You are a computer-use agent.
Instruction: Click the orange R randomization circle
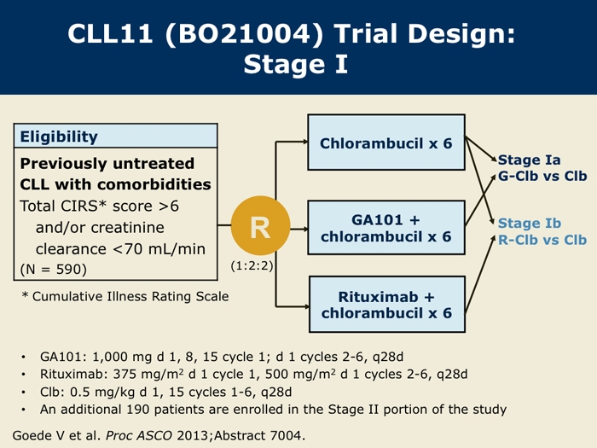(x=260, y=225)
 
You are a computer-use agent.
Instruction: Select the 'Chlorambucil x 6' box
(x=386, y=143)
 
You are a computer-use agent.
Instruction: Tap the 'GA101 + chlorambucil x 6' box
(x=386, y=228)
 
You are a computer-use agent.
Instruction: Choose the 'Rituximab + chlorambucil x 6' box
(x=387, y=305)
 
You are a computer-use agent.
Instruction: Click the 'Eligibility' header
(x=59, y=137)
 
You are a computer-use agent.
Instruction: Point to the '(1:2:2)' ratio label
(x=252, y=265)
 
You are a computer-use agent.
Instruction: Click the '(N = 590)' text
(x=53, y=270)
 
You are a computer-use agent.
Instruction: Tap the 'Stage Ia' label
(x=530, y=160)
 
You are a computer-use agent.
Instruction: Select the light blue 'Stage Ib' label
(x=530, y=224)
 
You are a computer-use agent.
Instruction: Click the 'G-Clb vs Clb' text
(x=542, y=176)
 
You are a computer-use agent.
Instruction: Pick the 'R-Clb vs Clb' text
(x=542, y=240)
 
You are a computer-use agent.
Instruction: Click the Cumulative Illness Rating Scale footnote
(x=125, y=296)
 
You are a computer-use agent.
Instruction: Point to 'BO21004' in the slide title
(x=244, y=33)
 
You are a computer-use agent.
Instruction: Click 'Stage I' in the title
(x=296, y=64)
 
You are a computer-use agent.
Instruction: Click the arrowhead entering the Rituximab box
(x=305, y=306)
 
